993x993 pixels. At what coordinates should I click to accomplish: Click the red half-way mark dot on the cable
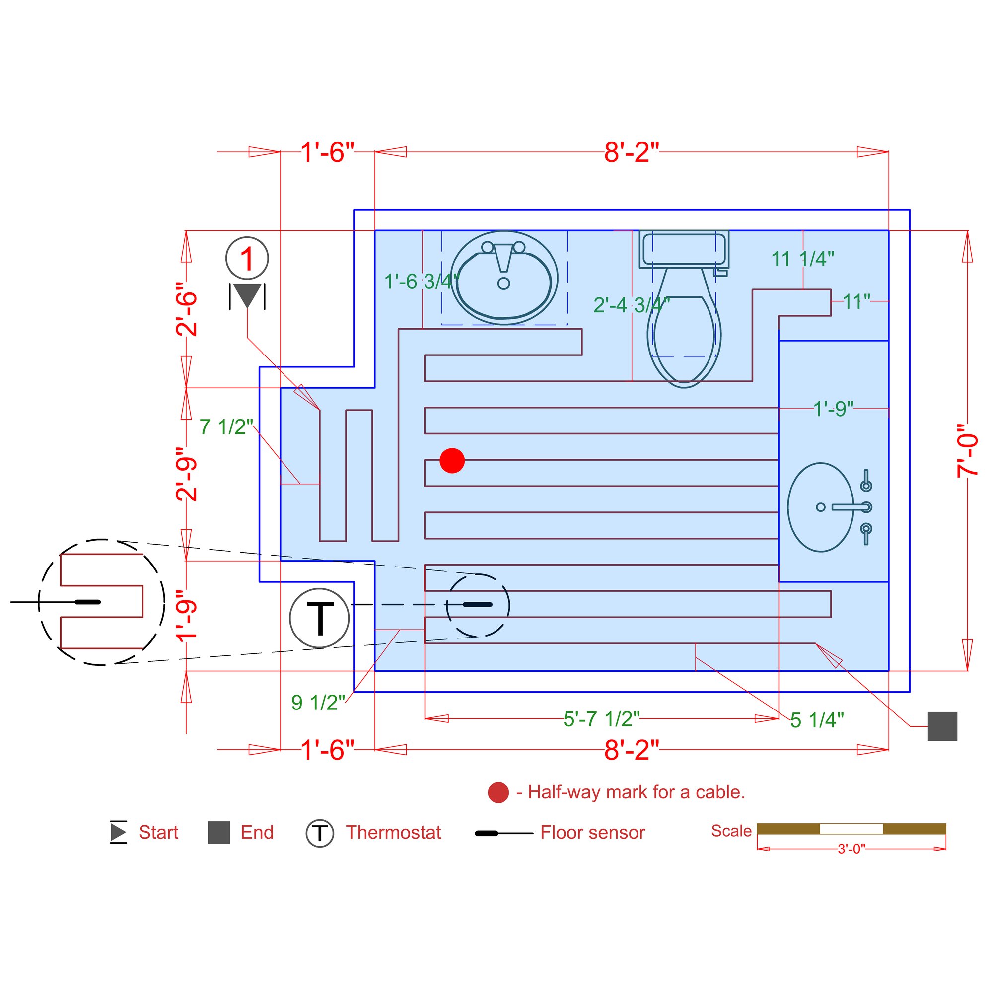[x=452, y=460]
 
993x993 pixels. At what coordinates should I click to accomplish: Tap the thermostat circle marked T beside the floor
[x=319, y=618]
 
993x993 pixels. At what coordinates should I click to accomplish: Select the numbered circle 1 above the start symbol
[x=247, y=259]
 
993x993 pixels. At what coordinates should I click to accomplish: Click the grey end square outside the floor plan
[x=942, y=726]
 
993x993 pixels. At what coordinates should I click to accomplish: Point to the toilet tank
[x=684, y=249]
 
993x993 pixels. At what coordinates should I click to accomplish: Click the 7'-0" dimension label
[x=967, y=451]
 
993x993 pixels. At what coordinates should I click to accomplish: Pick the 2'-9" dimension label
[x=186, y=474]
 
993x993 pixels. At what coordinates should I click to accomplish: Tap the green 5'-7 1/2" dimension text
[x=601, y=719]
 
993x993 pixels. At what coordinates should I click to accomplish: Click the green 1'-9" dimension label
[x=833, y=409]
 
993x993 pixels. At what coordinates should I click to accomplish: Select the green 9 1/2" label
[x=318, y=703]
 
